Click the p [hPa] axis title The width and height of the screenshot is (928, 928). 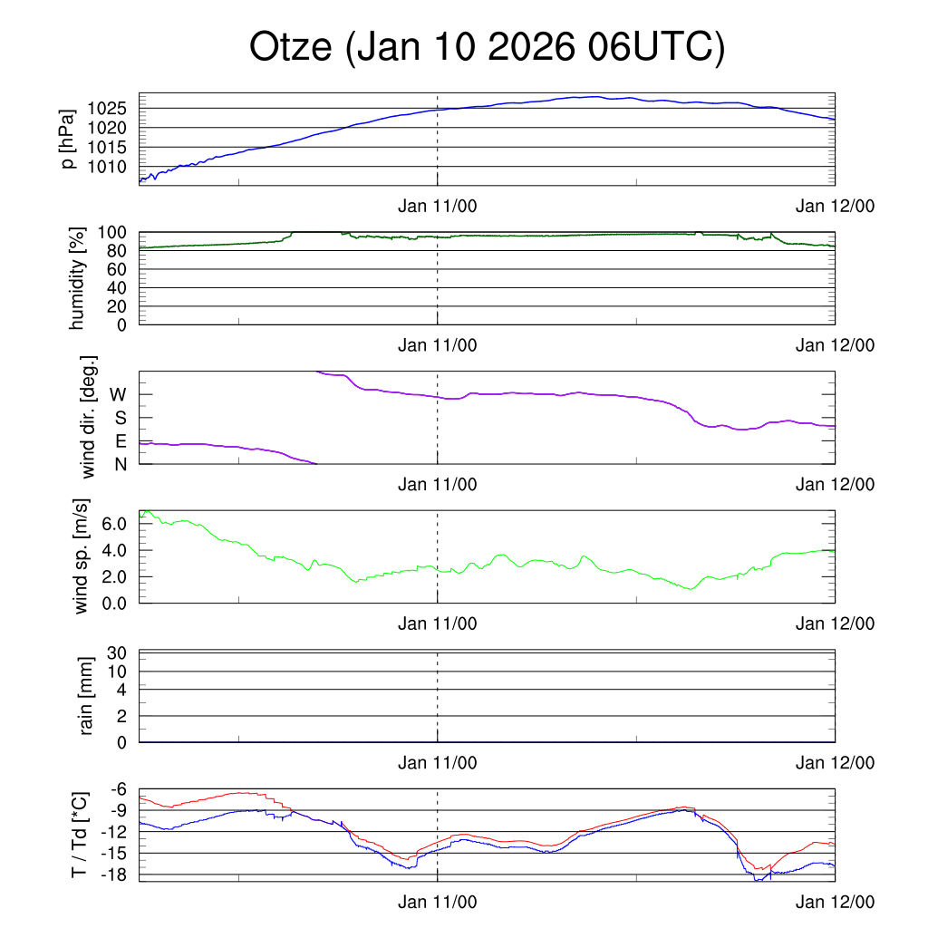(68, 138)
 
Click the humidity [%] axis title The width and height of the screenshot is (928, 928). (78, 278)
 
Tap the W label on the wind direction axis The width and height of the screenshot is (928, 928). (118, 395)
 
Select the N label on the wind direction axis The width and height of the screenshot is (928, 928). (120, 464)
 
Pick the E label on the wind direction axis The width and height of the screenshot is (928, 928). (120, 441)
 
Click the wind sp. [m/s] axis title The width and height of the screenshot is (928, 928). (82, 556)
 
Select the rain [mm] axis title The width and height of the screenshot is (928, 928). (87, 696)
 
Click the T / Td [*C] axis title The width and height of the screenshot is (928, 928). (79, 835)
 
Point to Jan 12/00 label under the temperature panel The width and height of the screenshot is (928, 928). (836, 903)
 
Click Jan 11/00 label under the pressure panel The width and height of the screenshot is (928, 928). (438, 206)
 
